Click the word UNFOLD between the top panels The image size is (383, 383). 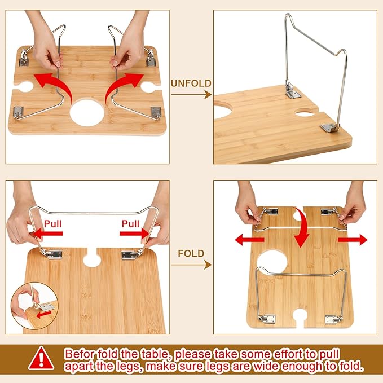point(191,83)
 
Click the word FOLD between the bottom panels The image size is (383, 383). point(191,254)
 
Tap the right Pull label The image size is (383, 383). point(130,224)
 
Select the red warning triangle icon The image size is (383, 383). point(41,358)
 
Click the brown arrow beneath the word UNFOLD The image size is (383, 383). point(191,95)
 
